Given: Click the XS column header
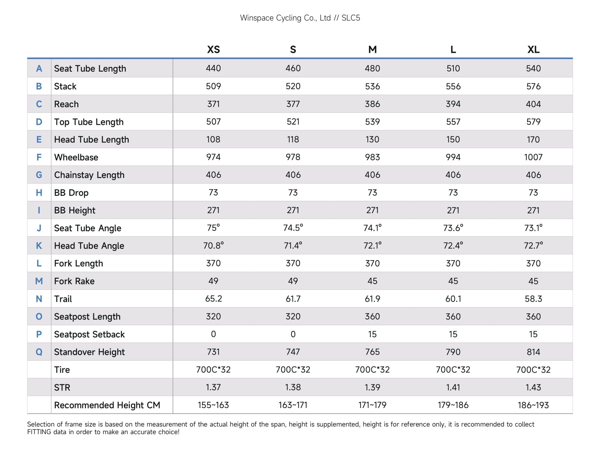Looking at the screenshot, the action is pyautogui.click(x=214, y=49).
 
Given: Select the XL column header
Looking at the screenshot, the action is pyautogui.click(x=533, y=49).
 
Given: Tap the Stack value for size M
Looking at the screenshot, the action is pyautogui.click(x=372, y=86).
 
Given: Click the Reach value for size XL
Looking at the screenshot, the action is pyautogui.click(x=533, y=104).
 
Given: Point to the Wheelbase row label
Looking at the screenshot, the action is pyautogui.click(x=76, y=157).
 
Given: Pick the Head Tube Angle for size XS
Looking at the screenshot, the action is pyautogui.click(x=214, y=245).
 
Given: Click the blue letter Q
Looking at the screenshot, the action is pyautogui.click(x=39, y=352).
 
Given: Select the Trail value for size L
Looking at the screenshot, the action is pyautogui.click(x=453, y=299).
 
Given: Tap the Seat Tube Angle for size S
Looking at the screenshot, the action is pyautogui.click(x=293, y=228).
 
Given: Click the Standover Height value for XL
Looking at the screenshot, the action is pyautogui.click(x=533, y=352).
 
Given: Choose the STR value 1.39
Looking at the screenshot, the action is pyautogui.click(x=372, y=387).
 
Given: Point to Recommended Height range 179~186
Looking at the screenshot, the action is pyautogui.click(x=453, y=405).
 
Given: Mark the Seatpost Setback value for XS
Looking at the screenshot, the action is pyautogui.click(x=214, y=334).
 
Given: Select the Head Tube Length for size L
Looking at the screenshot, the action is pyautogui.click(x=453, y=140).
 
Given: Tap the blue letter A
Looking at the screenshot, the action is pyautogui.click(x=39, y=68).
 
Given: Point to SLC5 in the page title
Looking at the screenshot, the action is pyautogui.click(x=351, y=18).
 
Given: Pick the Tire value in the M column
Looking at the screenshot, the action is pyautogui.click(x=372, y=370).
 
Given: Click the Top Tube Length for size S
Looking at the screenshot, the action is pyautogui.click(x=293, y=121).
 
